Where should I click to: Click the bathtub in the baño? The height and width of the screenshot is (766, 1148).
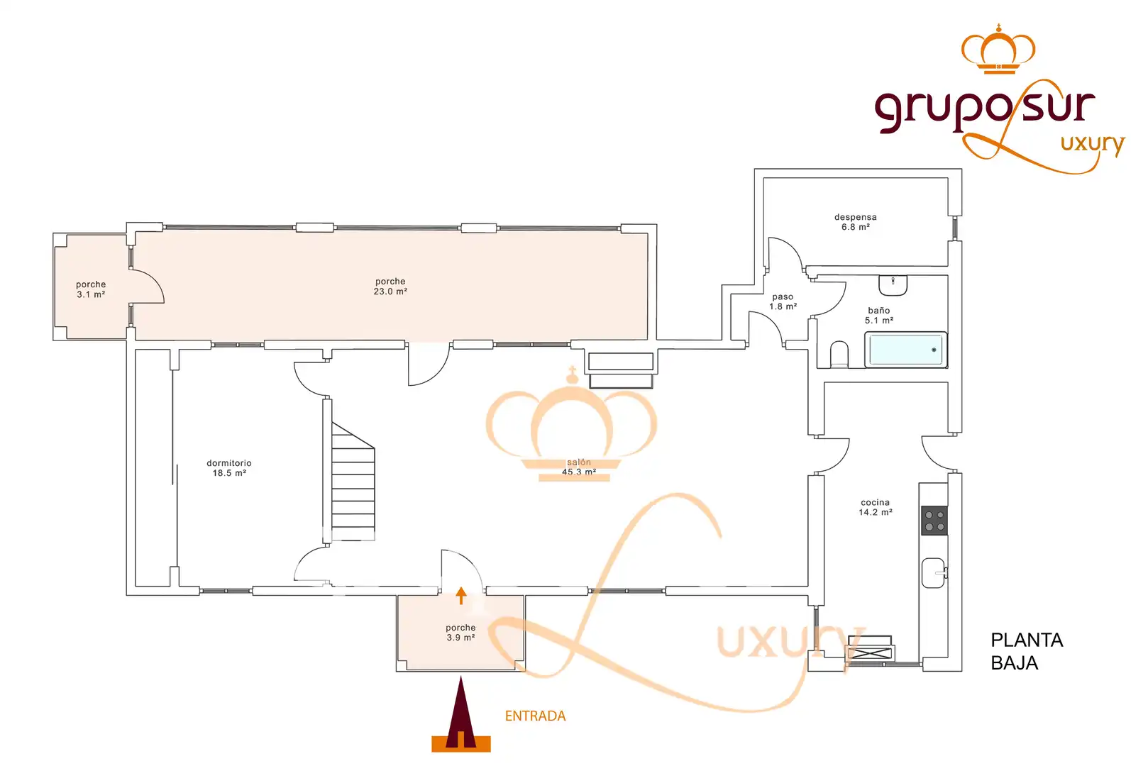tap(905, 350)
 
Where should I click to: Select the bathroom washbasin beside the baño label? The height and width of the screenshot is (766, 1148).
tap(893, 285)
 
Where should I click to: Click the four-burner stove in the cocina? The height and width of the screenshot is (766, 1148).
tap(934, 520)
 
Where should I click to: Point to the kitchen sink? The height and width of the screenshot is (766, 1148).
tap(934, 573)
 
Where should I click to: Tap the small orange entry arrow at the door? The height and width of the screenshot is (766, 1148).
tap(461, 595)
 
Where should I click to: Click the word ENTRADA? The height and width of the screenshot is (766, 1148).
tap(535, 716)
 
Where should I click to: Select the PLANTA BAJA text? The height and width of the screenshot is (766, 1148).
tap(1027, 651)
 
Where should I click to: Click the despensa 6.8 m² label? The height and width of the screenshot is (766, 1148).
tap(856, 222)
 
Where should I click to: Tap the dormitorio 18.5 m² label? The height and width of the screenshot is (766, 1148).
tap(229, 468)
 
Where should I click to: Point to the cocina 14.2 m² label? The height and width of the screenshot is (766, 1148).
tap(876, 507)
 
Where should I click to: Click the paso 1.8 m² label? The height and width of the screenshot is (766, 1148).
tap(783, 301)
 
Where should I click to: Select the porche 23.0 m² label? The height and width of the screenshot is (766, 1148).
tap(390, 287)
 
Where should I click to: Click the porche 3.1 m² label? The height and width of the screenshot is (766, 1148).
tap(91, 289)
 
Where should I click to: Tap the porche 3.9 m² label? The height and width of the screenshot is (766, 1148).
tap(460, 633)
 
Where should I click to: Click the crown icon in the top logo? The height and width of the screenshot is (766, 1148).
tap(998, 50)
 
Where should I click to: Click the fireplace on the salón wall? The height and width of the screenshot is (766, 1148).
tap(621, 370)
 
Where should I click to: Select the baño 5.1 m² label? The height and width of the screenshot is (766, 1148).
tap(879, 316)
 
